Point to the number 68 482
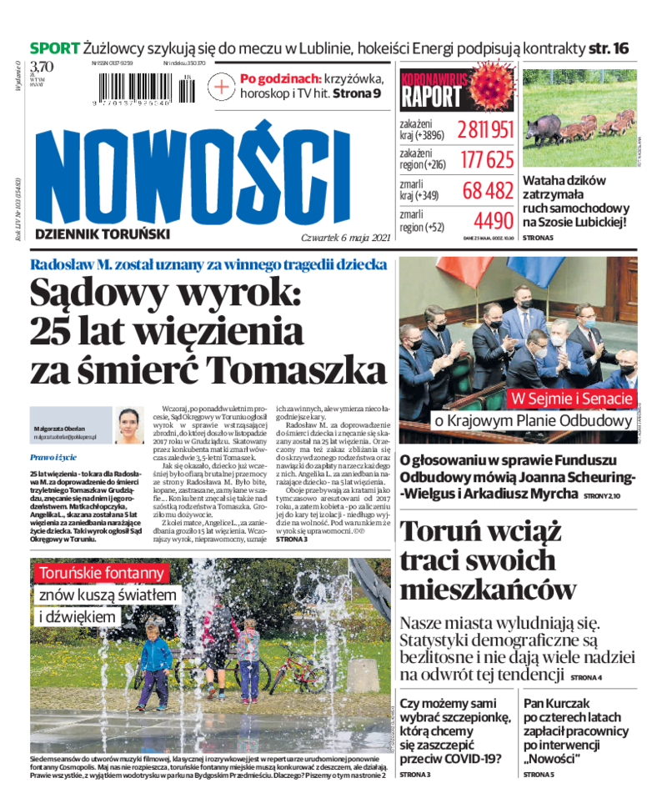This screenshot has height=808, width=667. click(488, 190)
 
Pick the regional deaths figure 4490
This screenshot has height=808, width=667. click(493, 221)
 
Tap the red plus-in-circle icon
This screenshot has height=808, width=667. click(222, 85)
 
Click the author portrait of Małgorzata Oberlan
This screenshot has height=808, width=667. click(129, 425)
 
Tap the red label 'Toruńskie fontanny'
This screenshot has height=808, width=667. click(100, 573)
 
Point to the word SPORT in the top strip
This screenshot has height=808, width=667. click(55, 48)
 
